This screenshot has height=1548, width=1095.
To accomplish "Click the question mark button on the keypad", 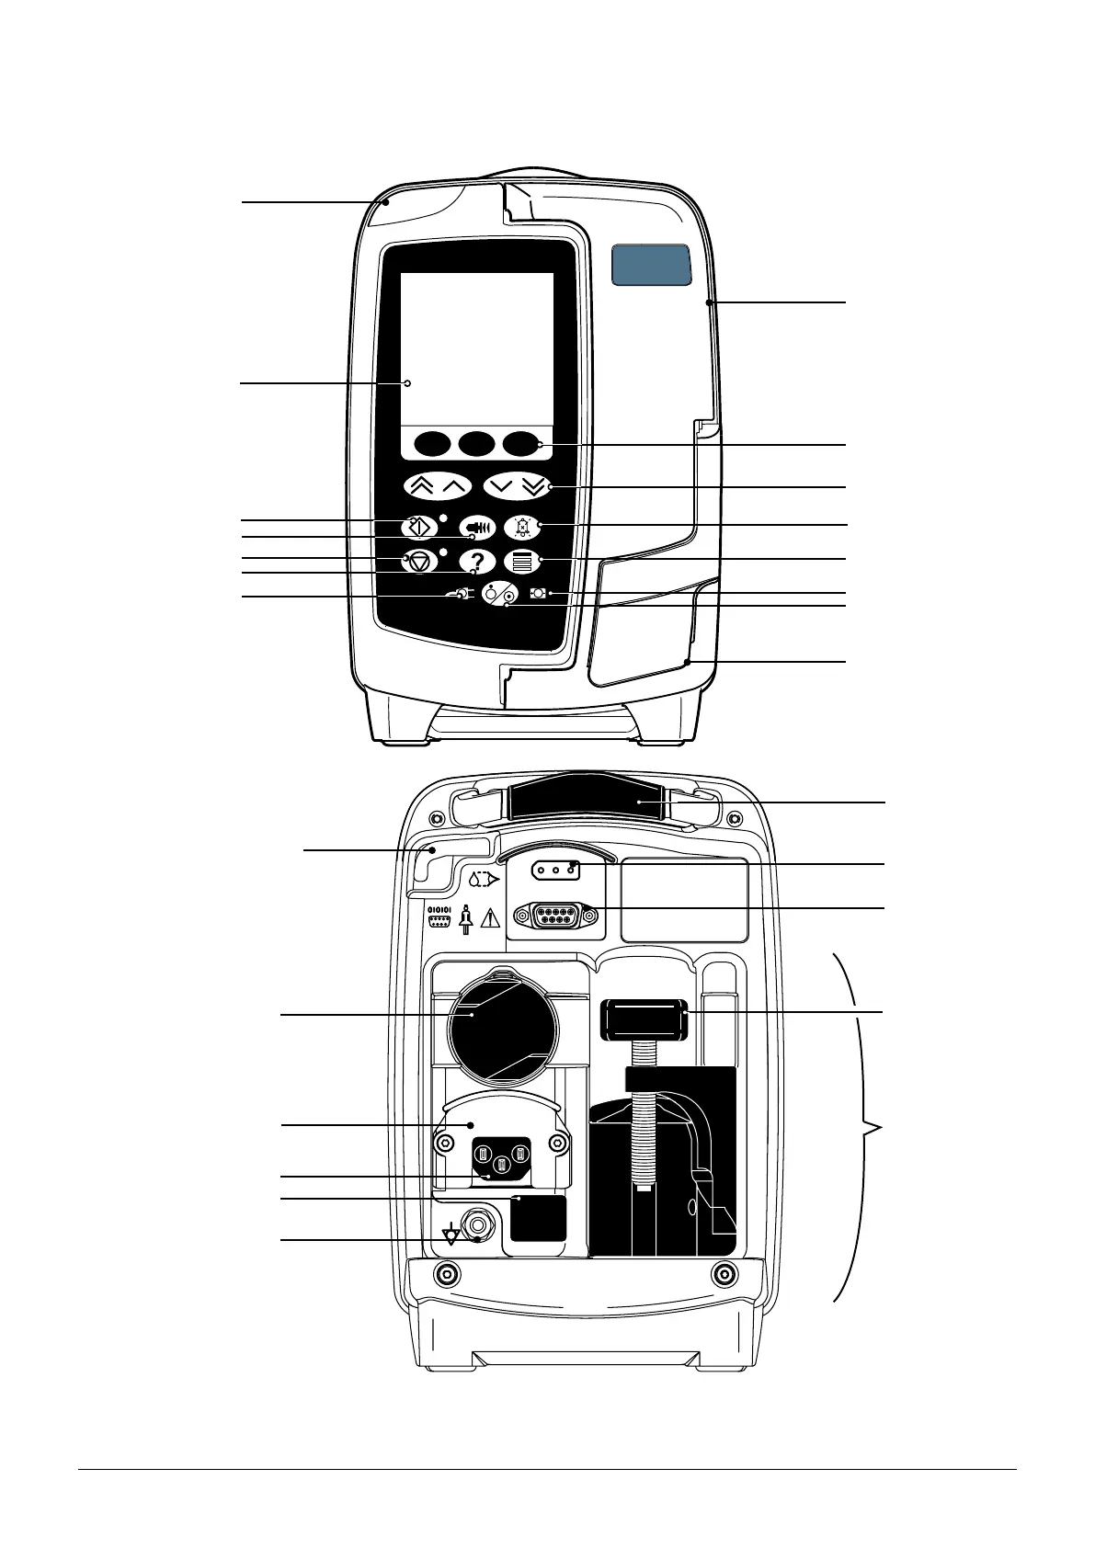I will point(477,561).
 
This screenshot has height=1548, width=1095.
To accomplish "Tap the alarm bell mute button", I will point(522,527).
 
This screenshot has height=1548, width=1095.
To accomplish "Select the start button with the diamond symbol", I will point(419,527).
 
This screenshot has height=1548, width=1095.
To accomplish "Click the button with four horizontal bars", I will point(522,561).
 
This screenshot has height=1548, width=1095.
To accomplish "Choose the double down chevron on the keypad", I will point(534,486).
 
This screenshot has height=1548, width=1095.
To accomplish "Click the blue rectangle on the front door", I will point(651,265).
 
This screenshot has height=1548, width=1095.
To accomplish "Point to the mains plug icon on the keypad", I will point(460,594).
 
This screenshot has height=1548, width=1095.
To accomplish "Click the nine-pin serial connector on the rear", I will point(554,915).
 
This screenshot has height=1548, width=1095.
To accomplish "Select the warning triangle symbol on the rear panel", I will point(490,918).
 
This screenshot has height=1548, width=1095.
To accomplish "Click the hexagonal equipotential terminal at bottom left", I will point(478,1224).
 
